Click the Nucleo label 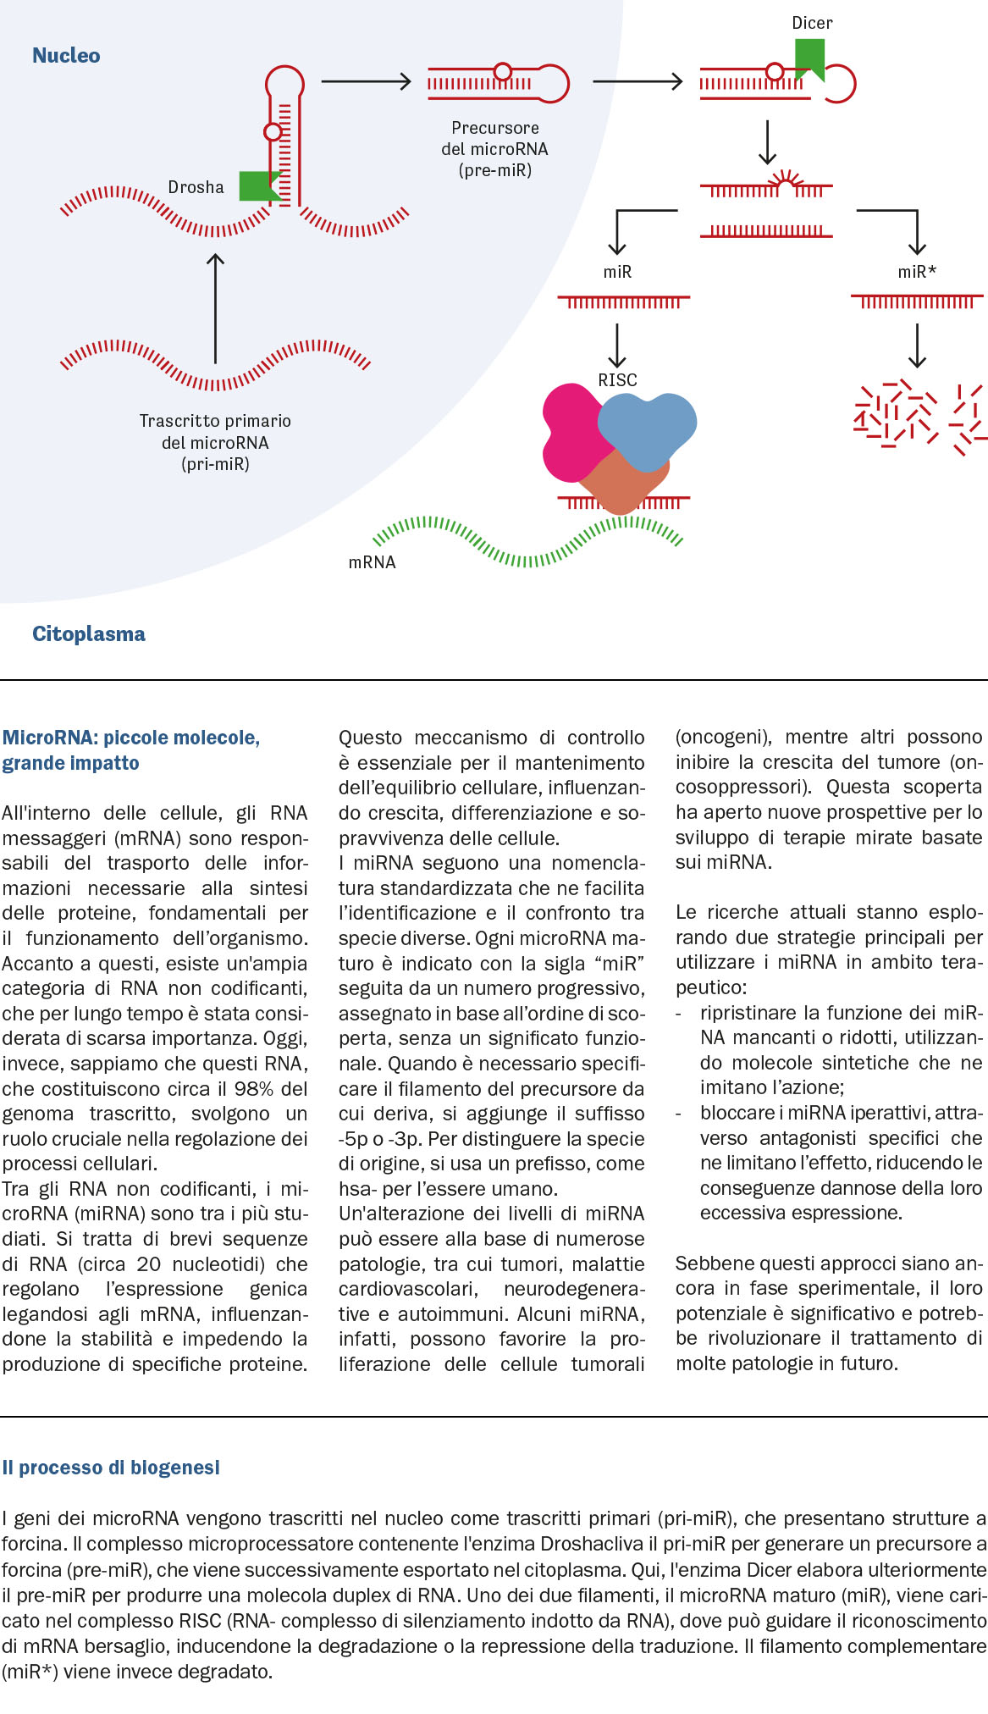point(66,56)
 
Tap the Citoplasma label point(89,634)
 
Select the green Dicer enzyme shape point(809,59)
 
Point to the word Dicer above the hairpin point(812,23)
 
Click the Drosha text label point(196,187)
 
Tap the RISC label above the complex point(617,380)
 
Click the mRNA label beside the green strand point(372,562)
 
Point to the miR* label point(917,272)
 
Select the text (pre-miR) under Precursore point(495,170)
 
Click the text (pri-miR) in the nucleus point(215,464)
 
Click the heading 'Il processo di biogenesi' point(111,1468)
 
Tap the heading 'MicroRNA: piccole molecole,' point(131,738)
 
